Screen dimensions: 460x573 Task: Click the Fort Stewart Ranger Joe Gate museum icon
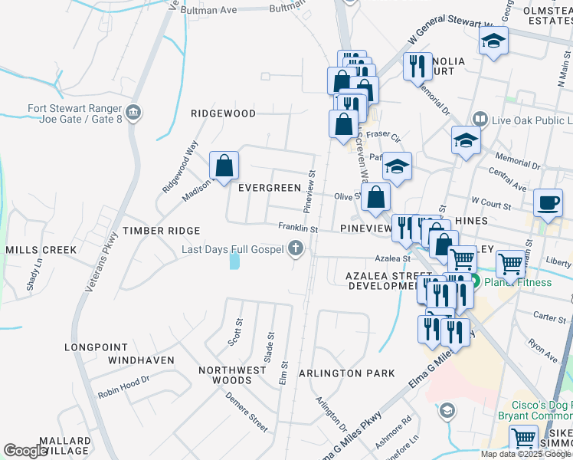click(134, 114)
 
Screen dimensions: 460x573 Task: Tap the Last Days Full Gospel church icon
click(296, 248)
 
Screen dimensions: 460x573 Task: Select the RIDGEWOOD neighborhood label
click(223, 113)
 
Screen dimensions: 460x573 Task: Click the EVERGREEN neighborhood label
click(269, 188)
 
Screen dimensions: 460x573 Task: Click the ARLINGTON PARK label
click(346, 373)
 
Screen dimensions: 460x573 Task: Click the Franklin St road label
click(298, 228)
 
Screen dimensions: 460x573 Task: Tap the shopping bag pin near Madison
click(224, 166)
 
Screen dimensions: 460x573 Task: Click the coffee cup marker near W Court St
click(548, 202)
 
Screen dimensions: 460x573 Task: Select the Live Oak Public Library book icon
click(480, 120)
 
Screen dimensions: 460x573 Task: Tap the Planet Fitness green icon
click(475, 282)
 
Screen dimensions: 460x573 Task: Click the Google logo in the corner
click(26, 451)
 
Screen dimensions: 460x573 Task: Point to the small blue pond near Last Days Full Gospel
click(234, 261)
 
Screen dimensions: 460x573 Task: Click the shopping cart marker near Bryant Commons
click(523, 439)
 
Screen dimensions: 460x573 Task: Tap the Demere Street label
click(246, 412)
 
